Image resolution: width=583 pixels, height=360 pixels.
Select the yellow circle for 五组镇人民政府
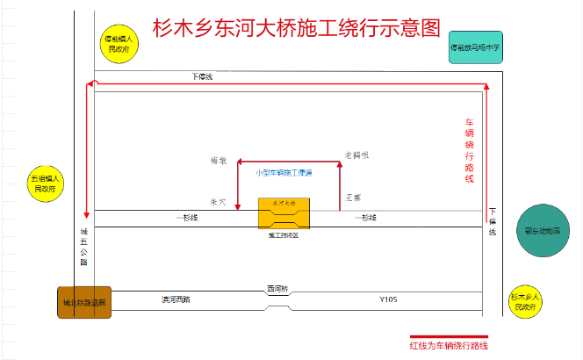pyautogui.click(x=44, y=183)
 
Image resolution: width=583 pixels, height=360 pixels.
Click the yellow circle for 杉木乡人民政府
pyautogui.click(x=526, y=302)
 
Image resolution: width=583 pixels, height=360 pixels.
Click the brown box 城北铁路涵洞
pyautogui.click(x=84, y=303)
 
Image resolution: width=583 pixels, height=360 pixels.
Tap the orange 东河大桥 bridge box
pyautogui.click(x=284, y=212)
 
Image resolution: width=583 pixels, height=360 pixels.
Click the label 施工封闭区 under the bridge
pyautogui.click(x=284, y=236)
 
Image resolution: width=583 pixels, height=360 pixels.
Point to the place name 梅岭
pyautogui.click(x=219, y=161)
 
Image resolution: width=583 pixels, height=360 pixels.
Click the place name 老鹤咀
pyautogui.click(x=355, y=155)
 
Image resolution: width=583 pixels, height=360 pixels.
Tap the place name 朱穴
pyautogui.click(x=219, y=201)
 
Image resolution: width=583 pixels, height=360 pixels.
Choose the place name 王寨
pyautogui.click(x=353, y=198)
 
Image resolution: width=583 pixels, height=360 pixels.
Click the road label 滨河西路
pyautogui.click(x=176, y=299)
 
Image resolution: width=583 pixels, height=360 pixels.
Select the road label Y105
pyautogui.click(x=388, y=299)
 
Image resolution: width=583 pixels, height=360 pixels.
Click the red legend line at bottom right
pyautogui.click(x=449, y=335)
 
